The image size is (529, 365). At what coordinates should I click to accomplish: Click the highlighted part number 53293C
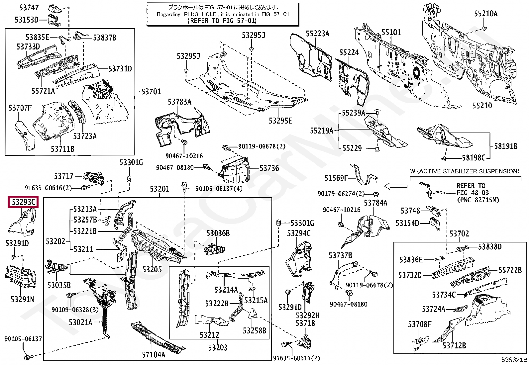click(x=23, y=202)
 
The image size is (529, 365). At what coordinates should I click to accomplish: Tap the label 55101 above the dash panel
click(x=391, y=33)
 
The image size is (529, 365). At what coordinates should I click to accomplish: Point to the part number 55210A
click(x=485, y=14)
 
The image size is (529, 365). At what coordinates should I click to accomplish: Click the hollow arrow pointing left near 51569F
click(x=396, y=186)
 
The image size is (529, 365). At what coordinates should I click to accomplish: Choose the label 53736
click(x=269, y=168)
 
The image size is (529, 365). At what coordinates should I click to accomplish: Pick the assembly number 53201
click(x=159, y=189)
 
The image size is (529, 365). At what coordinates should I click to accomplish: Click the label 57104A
click(x=154, y=355)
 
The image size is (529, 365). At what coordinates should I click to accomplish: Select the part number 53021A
click(x=80, y=322)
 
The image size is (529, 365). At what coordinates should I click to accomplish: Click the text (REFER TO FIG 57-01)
click(x=222, y=21)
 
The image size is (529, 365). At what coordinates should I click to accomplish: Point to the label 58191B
click(x=505, y=146)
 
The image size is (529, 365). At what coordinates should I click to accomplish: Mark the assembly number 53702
click(x=459, y=234)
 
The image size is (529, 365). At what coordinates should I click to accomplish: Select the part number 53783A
click(x=179, y=102)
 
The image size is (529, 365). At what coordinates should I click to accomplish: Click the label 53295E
click(x=280, y=121)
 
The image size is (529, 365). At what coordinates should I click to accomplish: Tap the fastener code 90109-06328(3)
click(x=75, y=310)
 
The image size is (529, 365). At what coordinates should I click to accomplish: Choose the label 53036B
click(x=218, y=233)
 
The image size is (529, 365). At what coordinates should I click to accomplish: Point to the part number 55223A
click(x=317, y=34)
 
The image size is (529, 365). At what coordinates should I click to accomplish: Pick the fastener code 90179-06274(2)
click(x=341, y=194)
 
